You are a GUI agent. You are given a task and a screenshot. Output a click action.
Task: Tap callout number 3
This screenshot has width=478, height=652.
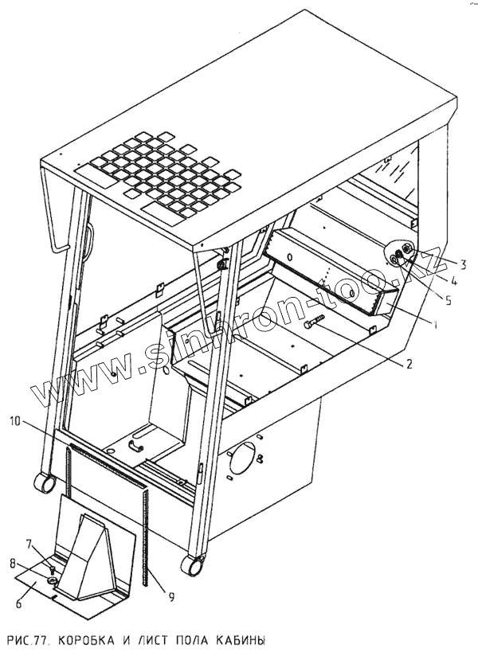click(x=462, y=262)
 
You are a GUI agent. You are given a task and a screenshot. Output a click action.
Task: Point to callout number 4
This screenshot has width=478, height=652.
click(x=453, y=280)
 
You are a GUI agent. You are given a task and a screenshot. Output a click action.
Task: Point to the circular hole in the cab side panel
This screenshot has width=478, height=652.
click(x=242, y=459)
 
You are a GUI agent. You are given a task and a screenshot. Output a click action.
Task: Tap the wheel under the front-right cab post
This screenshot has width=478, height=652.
click(x=191, y=565)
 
